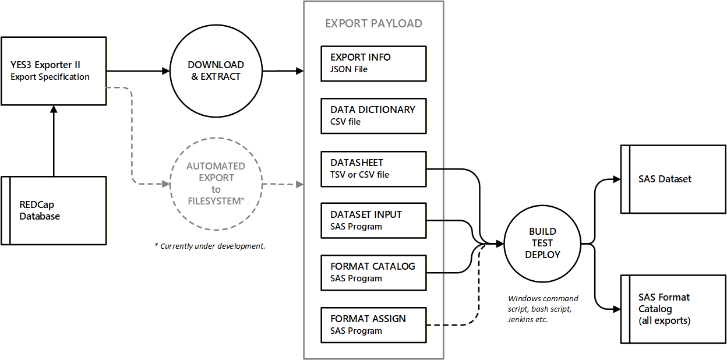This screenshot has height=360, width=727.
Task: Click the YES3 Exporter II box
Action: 54,70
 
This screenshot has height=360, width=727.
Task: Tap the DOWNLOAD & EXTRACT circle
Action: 216,70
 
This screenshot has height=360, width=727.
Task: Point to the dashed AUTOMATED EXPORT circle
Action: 216,183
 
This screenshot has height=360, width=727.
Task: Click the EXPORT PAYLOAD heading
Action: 373,24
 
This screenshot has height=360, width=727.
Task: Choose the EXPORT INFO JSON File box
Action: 373,63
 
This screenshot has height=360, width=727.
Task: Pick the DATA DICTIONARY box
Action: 373,115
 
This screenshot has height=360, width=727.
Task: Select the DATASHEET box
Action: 373,168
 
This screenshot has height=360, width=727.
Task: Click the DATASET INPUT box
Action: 373,220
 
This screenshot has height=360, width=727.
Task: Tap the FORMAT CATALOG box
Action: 373,272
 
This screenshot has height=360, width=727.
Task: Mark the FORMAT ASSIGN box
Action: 373,324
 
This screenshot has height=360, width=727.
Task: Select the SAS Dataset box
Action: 673,179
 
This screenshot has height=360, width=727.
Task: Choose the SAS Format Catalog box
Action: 673,309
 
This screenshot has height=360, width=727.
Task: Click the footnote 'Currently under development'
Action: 210,246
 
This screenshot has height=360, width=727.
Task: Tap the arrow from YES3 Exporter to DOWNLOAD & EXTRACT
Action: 137,71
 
